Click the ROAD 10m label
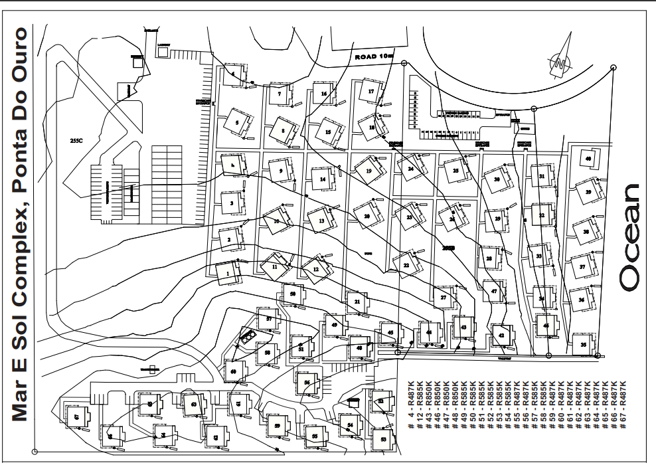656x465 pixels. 374,58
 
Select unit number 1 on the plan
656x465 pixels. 226,272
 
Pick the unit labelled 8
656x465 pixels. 283,131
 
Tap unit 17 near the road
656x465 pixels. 371,91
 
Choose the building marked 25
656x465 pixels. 455,171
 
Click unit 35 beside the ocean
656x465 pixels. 583,344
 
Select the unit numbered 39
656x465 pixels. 588,192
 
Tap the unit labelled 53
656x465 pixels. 384,439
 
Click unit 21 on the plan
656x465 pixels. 357,302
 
